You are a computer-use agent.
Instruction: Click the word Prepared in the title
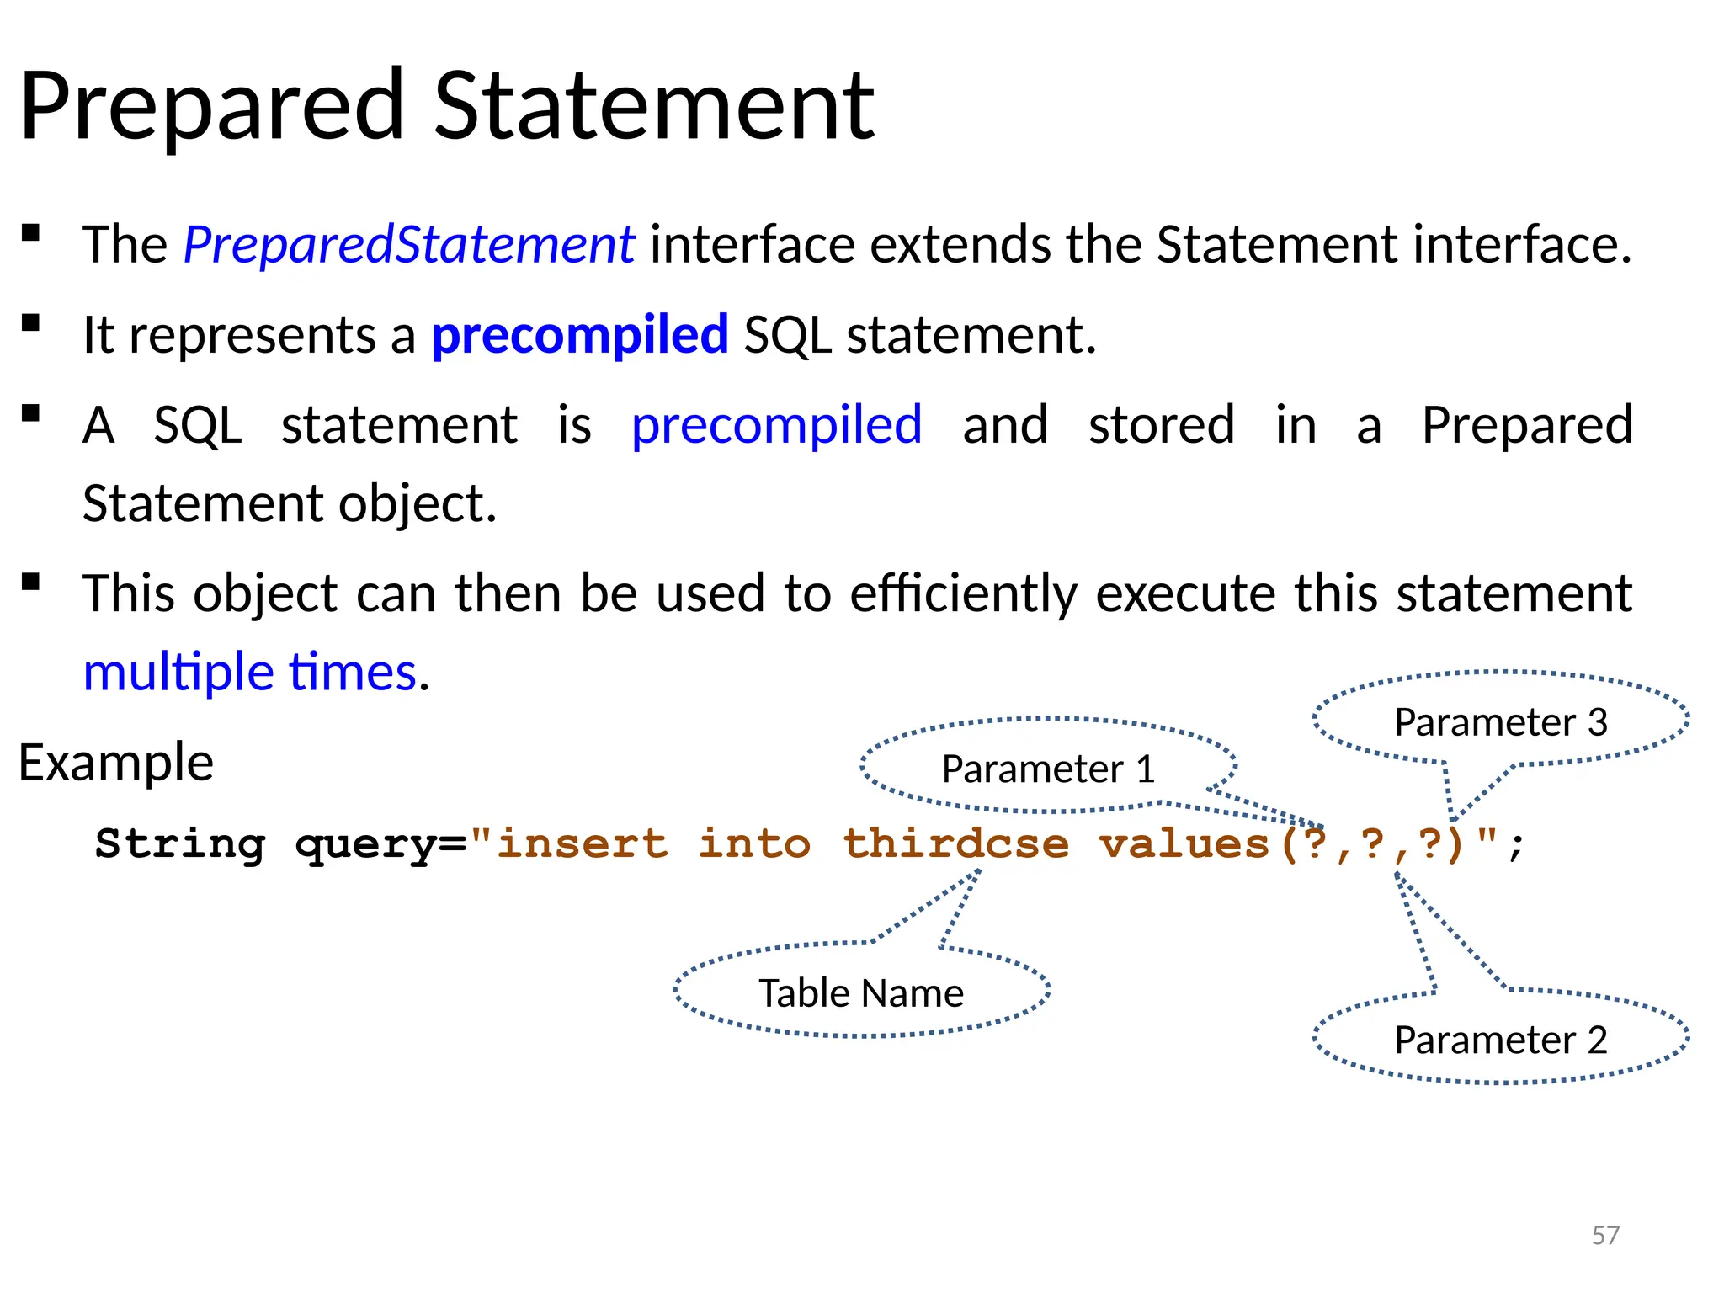tap(212, 107)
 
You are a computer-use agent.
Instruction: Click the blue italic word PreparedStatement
tap(408, 245)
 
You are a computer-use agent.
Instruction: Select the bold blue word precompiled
tap(579, 335)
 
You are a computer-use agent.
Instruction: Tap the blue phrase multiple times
tap(250, 673)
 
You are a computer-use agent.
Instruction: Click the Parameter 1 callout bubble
tap(1048, 769)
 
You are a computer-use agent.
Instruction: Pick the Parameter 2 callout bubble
tap(1500, 1040)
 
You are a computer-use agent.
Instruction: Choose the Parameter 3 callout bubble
tap(1500, 722)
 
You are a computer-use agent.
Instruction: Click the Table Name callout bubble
tap(860, 993)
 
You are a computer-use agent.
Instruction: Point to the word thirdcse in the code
tap(955, 843)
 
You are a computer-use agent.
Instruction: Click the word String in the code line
tap(180, 843)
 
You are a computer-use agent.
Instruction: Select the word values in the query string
tap(1184, 843)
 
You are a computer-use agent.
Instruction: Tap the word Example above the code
tap(116, 763)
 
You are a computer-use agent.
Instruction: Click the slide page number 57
tap(1605, 1235)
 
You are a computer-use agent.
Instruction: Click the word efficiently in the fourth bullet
tap(963, 593)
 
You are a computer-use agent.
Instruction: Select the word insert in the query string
tap(583, 843)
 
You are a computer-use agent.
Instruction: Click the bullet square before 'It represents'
tap(31, 323)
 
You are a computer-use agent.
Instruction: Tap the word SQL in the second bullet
tap(787, 335)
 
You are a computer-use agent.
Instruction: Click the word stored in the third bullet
tap(1161, 425)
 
